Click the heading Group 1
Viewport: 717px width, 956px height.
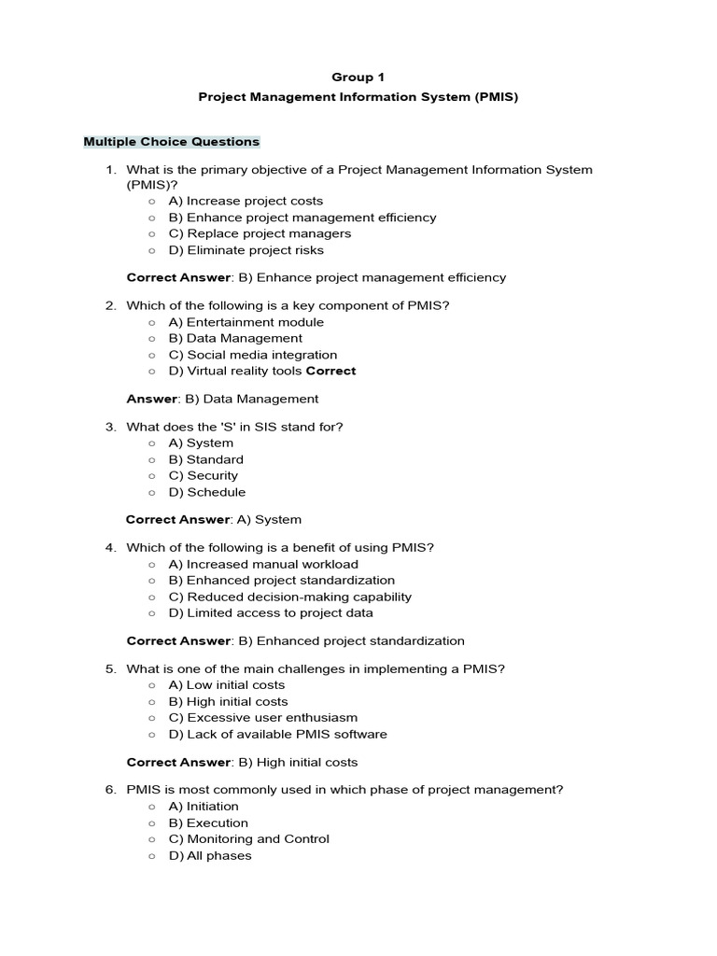(x=358, y=77)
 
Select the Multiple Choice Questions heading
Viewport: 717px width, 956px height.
(x=172, y=142)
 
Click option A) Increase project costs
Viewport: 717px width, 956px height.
(x=246, y=201)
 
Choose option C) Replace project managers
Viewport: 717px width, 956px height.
(x=260, y=233)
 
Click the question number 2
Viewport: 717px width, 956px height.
(x=109, y=305)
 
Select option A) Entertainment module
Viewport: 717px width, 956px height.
(x=246, y=322)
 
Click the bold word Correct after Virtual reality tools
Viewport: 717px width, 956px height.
(x=330, y=371)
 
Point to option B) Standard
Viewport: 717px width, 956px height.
(x=205, y=459)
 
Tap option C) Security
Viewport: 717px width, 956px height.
(x=203, y=475)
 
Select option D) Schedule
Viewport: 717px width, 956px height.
(x=206, y=492)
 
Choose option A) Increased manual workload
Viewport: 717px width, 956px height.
(x=262, y=564)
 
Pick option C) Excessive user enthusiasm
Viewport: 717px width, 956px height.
(x=262, y=718)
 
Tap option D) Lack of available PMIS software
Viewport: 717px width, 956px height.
(x=277, y=734)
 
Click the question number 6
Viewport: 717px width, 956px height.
(x=109, y=790)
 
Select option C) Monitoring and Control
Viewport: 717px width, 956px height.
(x=248, y=838)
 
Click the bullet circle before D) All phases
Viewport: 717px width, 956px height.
(x=152, y=855)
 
